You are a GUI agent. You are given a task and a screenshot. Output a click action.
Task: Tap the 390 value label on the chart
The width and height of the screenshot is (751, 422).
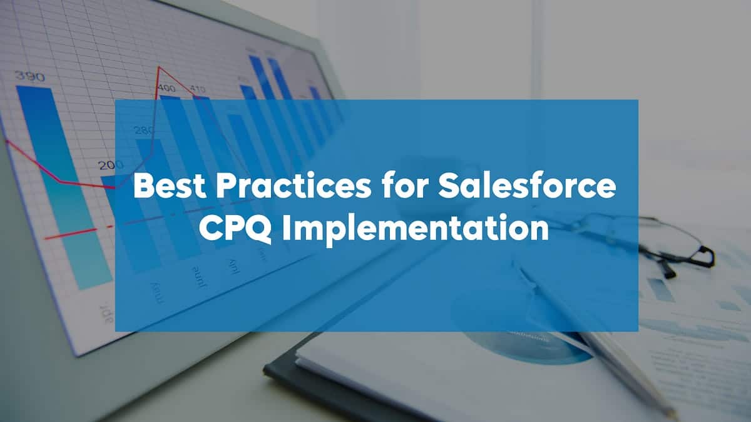[x=29, y=77]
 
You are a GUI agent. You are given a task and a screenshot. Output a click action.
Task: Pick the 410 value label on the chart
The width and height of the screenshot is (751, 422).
[x=198, y=89]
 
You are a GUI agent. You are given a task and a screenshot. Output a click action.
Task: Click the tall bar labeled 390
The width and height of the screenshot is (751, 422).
[x=59, y=188]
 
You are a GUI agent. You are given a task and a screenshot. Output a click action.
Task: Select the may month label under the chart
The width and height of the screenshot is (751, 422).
[x=156, y=291]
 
